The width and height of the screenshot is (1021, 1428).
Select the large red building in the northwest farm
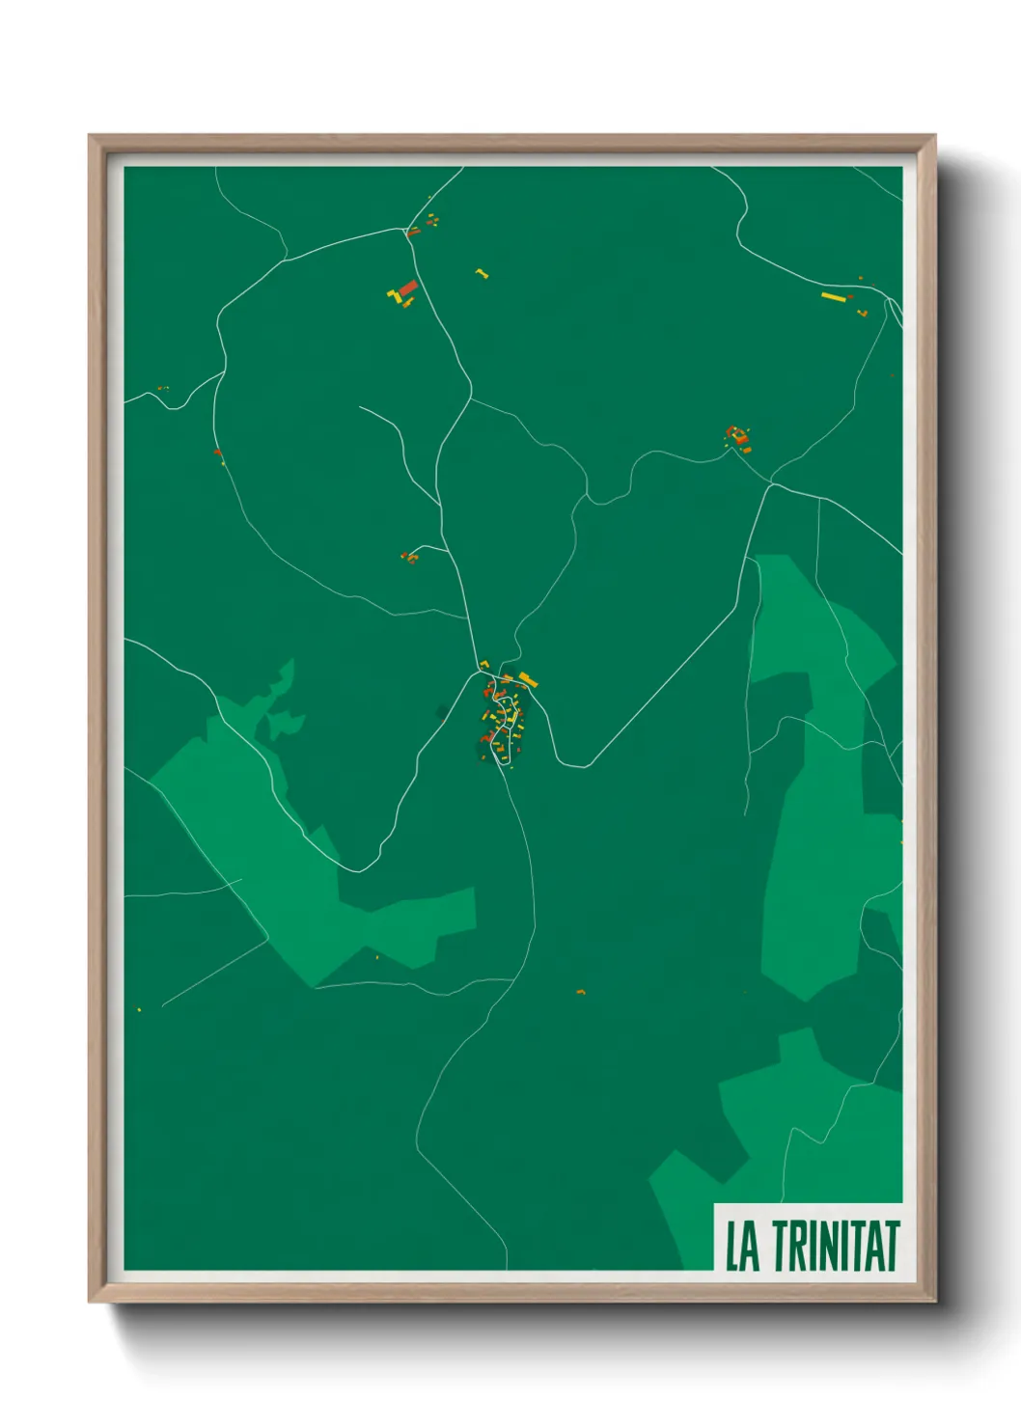(x=408, y=288)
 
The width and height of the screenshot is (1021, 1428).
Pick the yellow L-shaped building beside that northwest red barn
(x=394, y=293)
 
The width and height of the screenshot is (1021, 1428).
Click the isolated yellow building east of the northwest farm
(x=482, y=273)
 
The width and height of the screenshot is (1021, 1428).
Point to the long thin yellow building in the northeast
(x=832, y=295)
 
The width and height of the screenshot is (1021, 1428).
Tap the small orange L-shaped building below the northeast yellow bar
(x=862, y=312)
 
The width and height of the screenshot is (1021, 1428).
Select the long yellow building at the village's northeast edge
(x=527, y=679)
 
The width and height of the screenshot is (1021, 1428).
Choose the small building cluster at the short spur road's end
(x=409, y=557)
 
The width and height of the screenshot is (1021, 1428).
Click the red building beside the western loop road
(x=217, y=452)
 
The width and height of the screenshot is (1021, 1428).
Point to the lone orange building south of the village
(x=580, y=991)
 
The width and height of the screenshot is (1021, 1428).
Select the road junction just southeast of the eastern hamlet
(x=770, y=481)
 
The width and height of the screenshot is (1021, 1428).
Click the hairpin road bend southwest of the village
(x=360, y=869)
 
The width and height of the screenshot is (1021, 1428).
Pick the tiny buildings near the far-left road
(x=161, y=388)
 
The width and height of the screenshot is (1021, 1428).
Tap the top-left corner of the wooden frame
(x=91, y=137)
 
